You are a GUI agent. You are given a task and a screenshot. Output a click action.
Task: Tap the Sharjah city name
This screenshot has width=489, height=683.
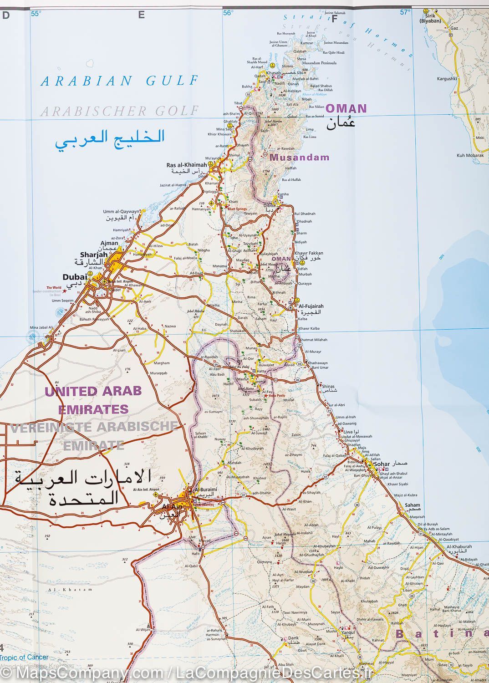90,255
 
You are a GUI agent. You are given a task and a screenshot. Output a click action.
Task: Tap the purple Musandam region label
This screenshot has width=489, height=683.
299,158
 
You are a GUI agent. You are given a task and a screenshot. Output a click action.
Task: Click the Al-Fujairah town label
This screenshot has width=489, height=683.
310,307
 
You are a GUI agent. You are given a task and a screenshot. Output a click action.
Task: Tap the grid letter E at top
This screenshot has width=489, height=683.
142,15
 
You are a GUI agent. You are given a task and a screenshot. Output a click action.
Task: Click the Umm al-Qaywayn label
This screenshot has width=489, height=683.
121,212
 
